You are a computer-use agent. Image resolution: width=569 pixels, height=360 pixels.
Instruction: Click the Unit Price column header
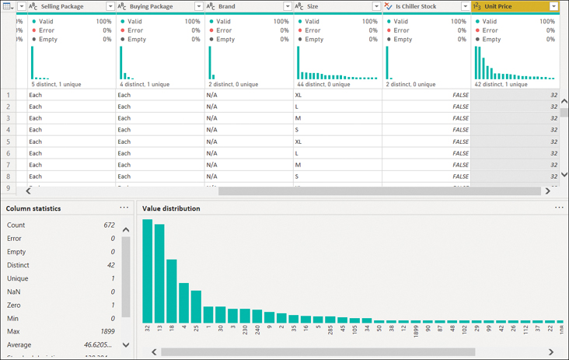[x=506, y=6]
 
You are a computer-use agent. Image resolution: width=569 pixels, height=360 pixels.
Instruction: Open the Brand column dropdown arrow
[x=288, y=6]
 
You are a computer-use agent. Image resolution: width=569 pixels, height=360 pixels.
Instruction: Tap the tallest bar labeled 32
[x=148, y=271]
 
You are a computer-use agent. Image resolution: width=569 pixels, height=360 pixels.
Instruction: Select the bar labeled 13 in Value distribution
[x=159, y=273]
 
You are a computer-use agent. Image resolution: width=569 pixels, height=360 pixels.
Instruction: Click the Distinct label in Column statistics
[x=18, y=265]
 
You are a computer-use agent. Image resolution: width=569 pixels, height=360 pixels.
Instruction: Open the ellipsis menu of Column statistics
[x=124, y=208]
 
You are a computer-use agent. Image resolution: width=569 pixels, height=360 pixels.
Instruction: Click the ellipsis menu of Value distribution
[x=558, y=208]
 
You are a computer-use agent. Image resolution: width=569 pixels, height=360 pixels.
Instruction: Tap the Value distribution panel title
[x=171, y=208]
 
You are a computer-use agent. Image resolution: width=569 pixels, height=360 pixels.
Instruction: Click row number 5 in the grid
[x=9, y=142]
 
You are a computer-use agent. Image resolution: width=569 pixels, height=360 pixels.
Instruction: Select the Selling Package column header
[x=67, y=6]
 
